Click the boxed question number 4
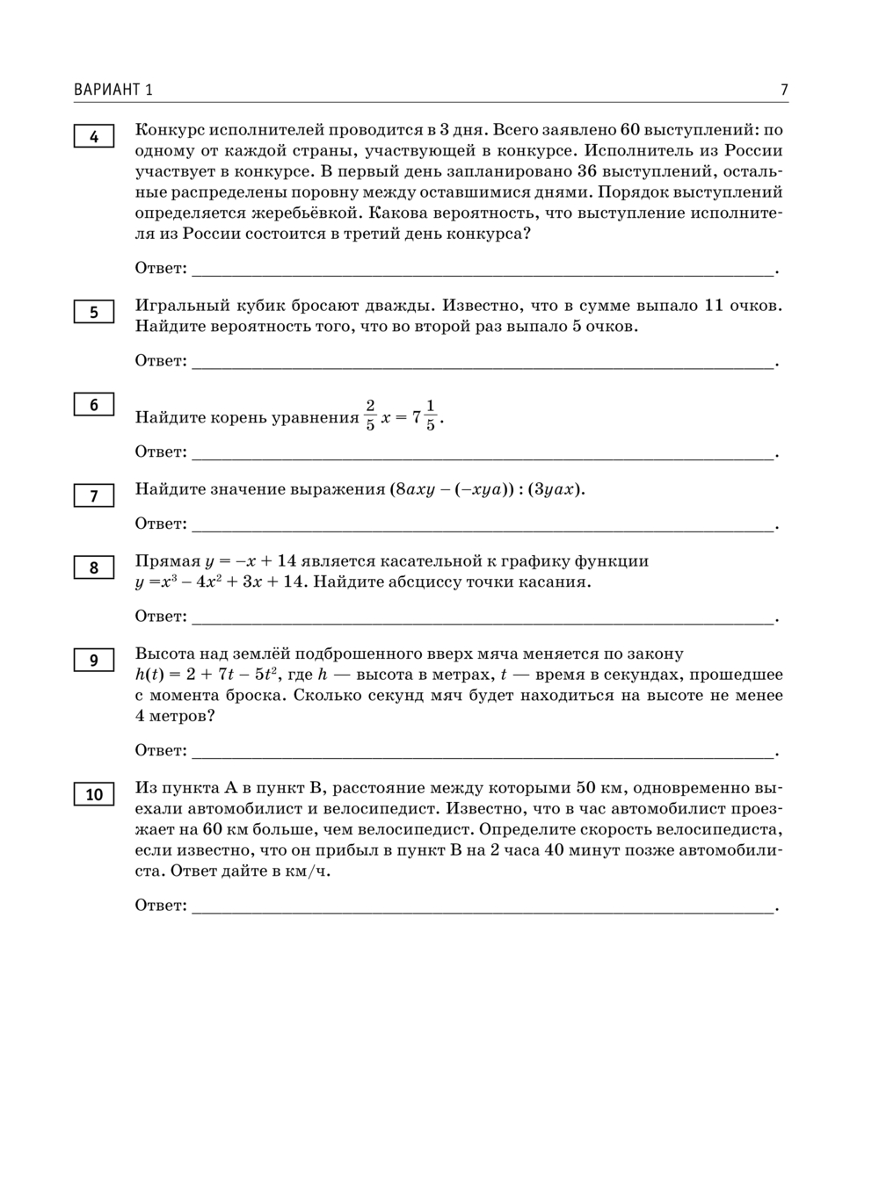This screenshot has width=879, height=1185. pos(94,137)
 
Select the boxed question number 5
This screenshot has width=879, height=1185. pos(94,312)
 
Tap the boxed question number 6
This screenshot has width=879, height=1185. pos(94,405)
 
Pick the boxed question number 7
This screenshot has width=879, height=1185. pos(94,496)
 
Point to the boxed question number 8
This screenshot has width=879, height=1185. pos(94,567)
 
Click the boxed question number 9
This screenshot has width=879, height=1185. pos(94,661)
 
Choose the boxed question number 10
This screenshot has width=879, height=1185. pos(94,795)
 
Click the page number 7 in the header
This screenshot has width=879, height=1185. pos(783,90)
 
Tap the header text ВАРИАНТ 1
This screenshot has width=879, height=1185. pos(113,90)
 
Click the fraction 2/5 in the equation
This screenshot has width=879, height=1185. pos(370,415)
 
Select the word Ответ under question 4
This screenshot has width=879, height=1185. pos(160,268)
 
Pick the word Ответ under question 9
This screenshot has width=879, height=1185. pos(160,750)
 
